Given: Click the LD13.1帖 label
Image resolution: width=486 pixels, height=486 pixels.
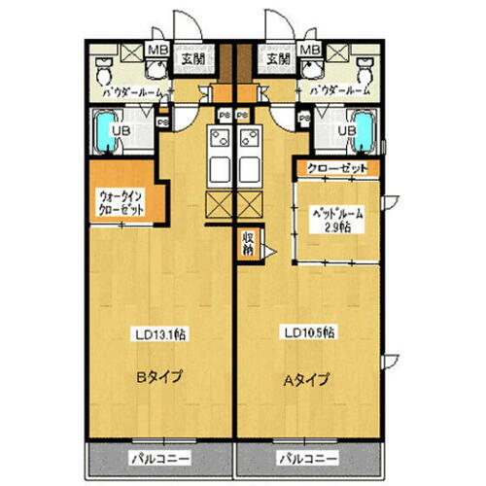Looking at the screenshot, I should click(160, 333).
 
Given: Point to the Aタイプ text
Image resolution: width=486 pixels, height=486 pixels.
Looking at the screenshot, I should click(305, 378).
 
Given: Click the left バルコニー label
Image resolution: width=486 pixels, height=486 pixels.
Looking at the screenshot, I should click(158, 457).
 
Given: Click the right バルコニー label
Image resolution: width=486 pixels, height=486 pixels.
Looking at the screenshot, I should click(304, 457).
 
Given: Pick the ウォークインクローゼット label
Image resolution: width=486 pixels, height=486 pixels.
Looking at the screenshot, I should click(120, 206).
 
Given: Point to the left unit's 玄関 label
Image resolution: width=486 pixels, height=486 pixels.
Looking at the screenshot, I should click(191, 58).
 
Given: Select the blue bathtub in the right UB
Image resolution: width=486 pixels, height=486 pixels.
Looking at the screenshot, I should click(364, 131).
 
